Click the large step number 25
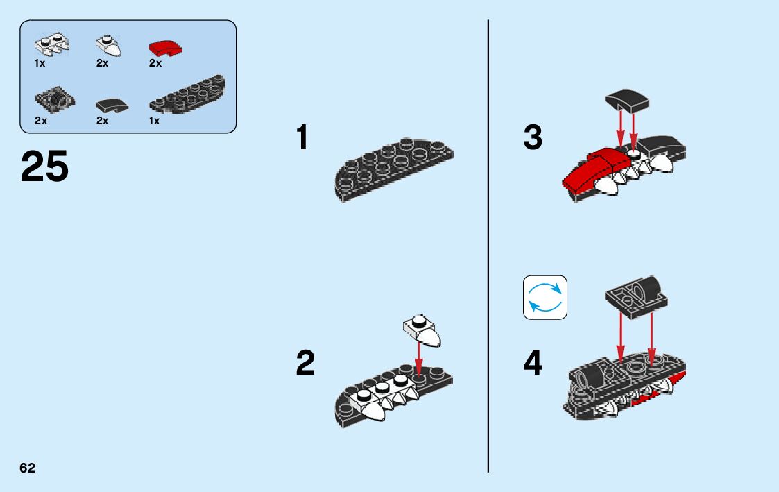[x=45, y=167]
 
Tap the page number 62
[x=27, y=468]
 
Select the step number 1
[x=302, y=137]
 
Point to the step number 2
[x=305, y=363]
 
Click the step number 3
[x=533, y=137]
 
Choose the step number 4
[x=533, y=363]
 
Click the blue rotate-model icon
[x=545, y=298]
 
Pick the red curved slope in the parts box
[x=164, y=48]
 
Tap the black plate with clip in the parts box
[x=51, y=102]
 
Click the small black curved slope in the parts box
[x=111, y=105]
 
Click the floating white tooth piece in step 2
[x=421, y=330]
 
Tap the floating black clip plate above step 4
[x=635, y=293]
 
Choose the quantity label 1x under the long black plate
[x=155, y=121]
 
